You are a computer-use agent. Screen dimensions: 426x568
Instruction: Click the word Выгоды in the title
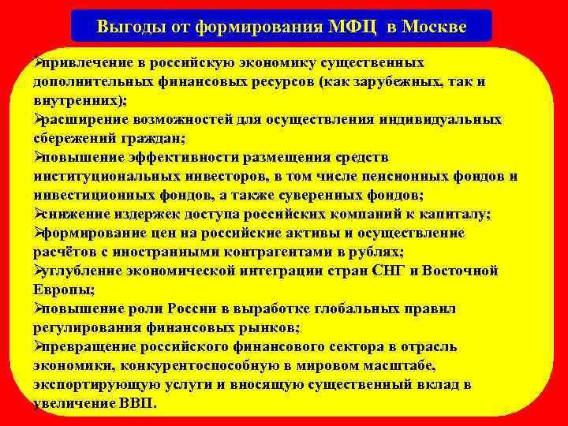pyautogui.click(x=128, y=26)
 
